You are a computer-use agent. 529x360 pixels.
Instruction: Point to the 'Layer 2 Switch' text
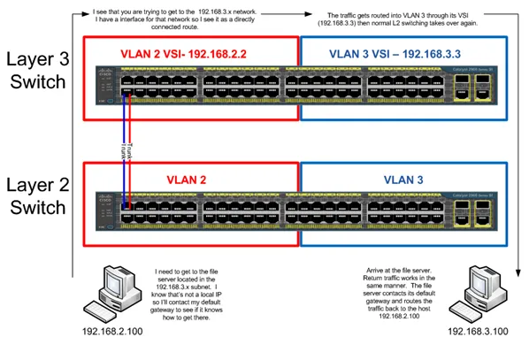(36, 195)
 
